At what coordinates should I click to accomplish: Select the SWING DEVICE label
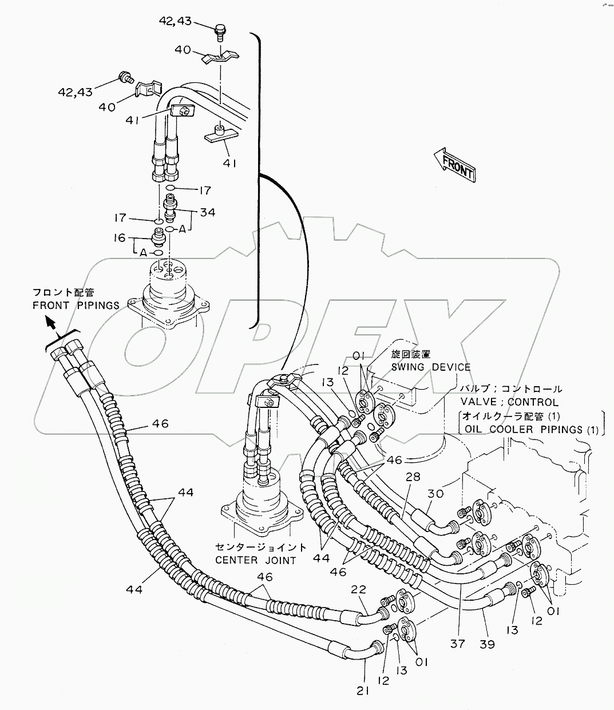click(431, 367)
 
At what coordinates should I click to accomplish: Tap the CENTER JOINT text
click(256, 560)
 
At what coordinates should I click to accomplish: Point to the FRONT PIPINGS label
click(75, 305)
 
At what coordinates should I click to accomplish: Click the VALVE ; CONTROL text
click(509, 402)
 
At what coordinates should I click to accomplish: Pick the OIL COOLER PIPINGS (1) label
click(530, 430)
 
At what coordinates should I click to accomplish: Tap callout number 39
click(488, 644)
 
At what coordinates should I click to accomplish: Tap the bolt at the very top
click(220, 30)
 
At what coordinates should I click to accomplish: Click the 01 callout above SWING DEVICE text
click(359, 356)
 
